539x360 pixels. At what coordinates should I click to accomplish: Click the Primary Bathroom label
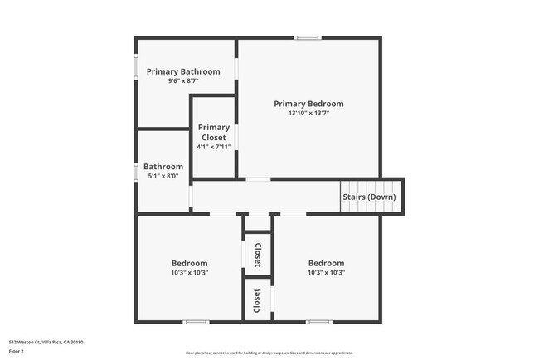(x=183, y=71)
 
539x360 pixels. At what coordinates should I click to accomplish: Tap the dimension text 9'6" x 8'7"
(x=183, y=80)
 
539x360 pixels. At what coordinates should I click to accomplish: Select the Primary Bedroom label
(x=308, y=104)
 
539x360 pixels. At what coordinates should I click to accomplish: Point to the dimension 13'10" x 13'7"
(x=308, y=113)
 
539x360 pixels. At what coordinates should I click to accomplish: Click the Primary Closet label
(x=214, y=133)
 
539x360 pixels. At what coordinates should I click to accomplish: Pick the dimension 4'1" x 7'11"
(x=214, y=147)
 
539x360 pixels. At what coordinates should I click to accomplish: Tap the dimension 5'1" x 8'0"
(x=163, y=176)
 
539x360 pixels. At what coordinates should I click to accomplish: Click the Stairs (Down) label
(x=369, y=197)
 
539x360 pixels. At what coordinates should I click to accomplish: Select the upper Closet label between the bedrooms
(x=257, y=254)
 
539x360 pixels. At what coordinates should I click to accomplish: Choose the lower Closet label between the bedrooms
(x=257, y=299)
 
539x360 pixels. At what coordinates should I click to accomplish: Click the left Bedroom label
(x=189, y=263)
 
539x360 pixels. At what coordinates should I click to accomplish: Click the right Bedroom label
(x=326, y=263)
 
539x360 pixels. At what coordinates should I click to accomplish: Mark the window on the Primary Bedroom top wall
(x=308, y=37)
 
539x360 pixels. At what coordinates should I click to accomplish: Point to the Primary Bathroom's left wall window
(x=137, y=66)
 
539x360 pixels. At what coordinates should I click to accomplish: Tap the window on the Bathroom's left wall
(x=137, y=172)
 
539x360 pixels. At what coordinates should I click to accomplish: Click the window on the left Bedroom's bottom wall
(x=196, y=322)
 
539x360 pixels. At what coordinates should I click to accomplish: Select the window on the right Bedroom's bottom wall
(x=318, y=322)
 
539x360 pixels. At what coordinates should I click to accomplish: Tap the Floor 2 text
(x=17, y=351)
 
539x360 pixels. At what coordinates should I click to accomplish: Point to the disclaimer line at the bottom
(x=269, y=353)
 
